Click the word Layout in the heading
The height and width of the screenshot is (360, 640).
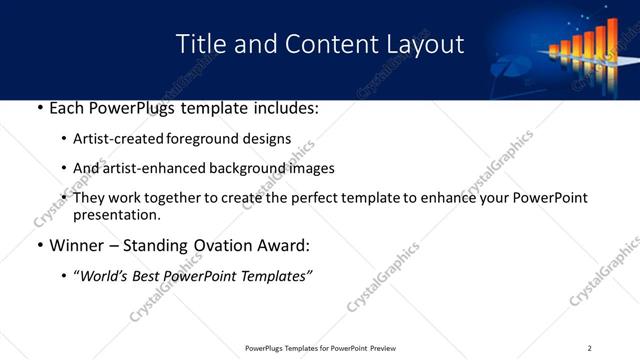(427, 45)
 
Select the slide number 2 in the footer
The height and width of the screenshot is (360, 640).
(589, 348)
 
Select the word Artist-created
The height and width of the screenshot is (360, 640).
(116, 139)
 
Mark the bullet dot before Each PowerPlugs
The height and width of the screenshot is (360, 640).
(38, 107)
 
